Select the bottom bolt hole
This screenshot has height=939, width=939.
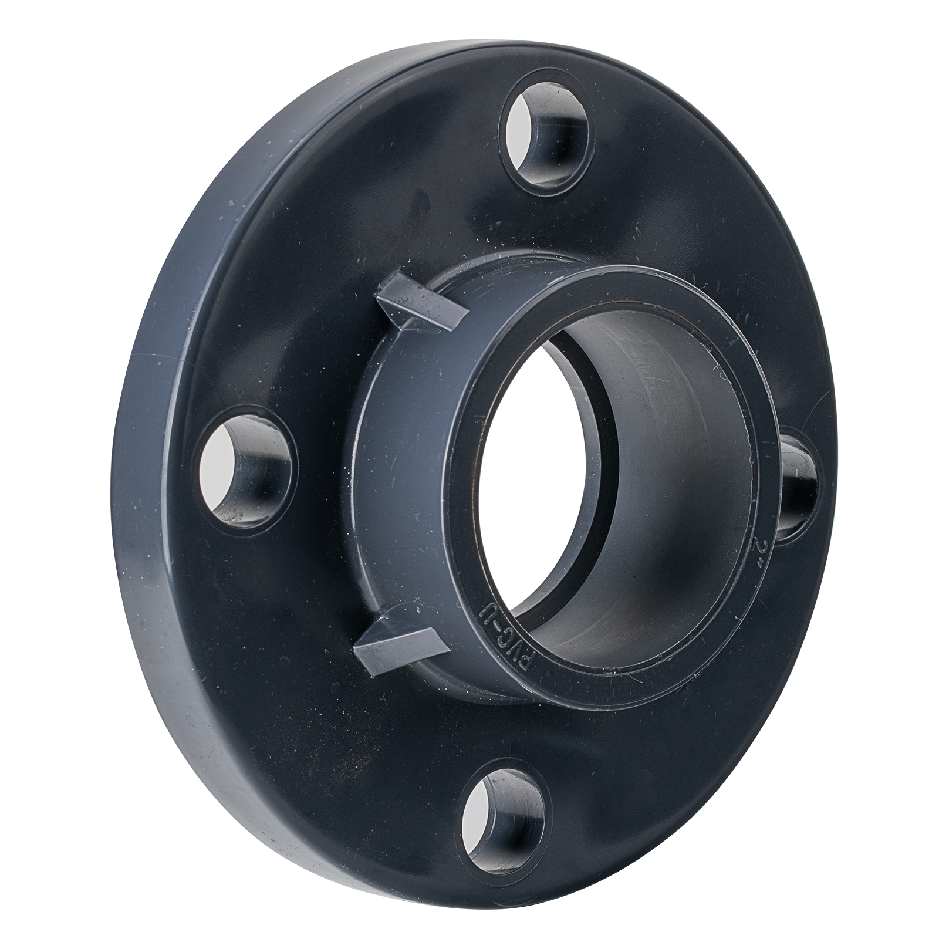499,822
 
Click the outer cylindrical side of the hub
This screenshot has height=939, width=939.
405,469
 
